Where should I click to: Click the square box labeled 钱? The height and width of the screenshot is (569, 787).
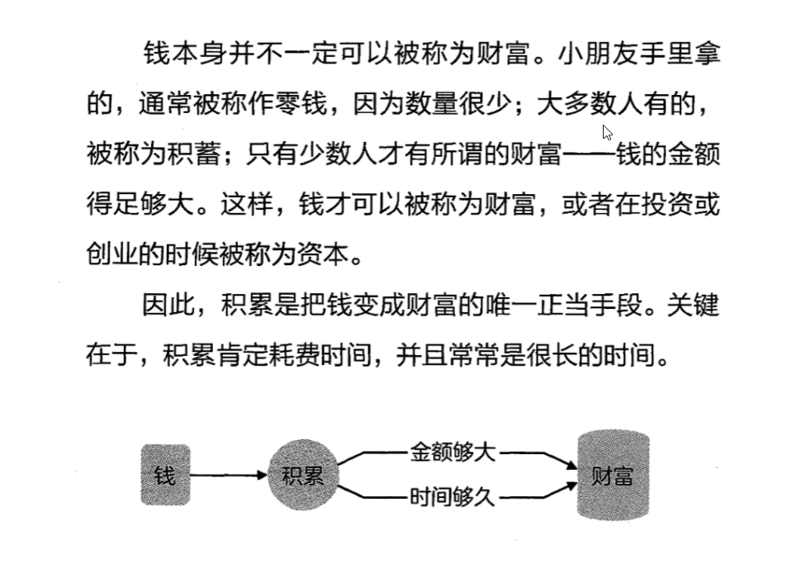pos(165,476)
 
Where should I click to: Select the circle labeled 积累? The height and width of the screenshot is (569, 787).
pos(303,476)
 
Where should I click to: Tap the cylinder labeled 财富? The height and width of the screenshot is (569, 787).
pos(613,476)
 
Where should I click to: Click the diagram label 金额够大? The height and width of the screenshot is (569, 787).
pos(453,452)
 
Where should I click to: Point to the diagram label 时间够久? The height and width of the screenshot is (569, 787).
pos(453,498)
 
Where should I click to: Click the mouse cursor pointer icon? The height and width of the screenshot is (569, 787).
pos(608,133)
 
